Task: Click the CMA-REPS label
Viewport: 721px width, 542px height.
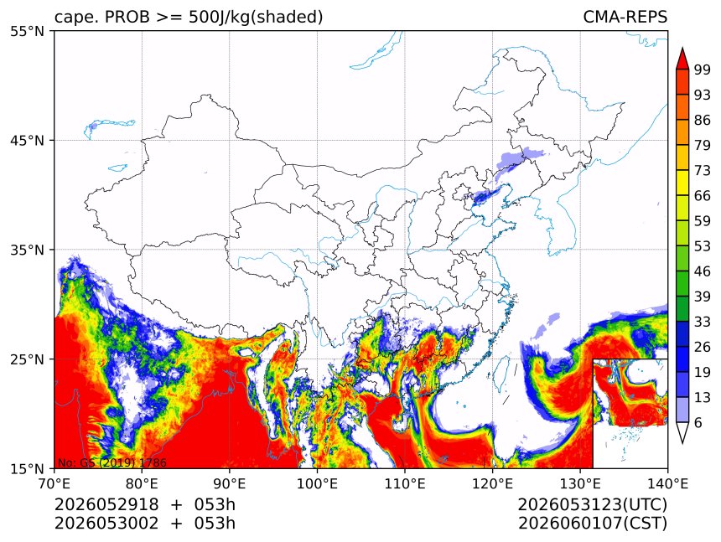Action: point(625,17)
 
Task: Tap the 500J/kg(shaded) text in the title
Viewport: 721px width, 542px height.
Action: point(256,18)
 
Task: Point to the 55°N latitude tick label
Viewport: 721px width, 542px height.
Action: point(27,31)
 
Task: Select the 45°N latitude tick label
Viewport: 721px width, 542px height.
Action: point(27,140)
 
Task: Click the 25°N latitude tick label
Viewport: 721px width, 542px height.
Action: point(27,359)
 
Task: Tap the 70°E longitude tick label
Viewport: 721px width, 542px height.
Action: point(54,483)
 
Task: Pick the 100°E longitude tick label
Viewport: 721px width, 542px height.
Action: point(317,483)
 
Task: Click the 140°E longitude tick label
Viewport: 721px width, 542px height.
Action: point(667,483)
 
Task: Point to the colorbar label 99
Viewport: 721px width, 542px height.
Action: point(703,70)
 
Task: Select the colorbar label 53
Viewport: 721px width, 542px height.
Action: point(703,246)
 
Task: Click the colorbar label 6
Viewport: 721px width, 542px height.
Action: point(698,422)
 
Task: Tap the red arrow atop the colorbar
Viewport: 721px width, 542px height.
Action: point(682,59)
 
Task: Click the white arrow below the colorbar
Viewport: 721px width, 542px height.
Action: point(682,433)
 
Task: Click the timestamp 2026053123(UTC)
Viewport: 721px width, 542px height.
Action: point(592,505)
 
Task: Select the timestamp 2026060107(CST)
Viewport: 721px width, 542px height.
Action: point(592,524)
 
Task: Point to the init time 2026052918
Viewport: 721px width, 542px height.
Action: point(106,504)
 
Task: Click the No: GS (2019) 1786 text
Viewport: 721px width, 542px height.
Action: point(112,462)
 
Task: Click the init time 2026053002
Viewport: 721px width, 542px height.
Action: point(106,523)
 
